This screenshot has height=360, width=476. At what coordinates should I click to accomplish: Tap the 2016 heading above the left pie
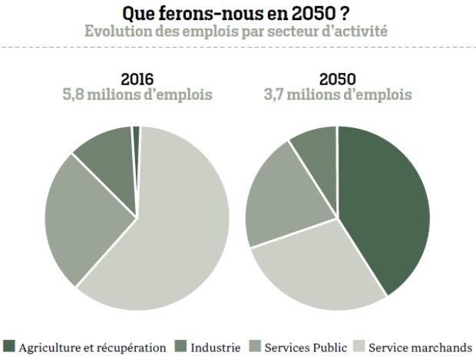(x=137, y=79)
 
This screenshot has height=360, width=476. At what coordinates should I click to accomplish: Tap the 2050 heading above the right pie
(x=338, y=79)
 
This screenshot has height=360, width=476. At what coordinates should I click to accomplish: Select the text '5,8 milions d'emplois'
(x=137, y=94)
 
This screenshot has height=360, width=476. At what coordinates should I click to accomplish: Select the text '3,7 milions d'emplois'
(x=338, y=94)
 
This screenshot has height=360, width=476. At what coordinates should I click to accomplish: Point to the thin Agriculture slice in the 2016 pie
(x=137, y=135)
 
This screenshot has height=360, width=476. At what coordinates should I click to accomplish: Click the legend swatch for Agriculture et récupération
(x=9, y=347)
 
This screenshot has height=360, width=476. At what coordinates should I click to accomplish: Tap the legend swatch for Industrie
(x=180, y=347)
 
